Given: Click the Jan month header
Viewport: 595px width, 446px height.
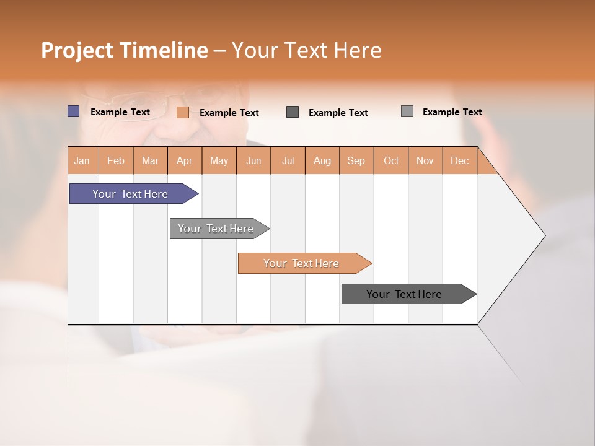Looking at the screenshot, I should [x=82, y=160].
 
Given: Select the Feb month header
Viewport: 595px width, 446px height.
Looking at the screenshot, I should [x=116, y=160].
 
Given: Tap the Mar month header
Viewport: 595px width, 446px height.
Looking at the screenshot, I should [x=150, y=160].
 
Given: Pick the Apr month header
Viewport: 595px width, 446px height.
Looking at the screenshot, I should [x=185, y=160].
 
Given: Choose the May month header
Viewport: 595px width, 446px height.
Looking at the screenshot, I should [x=219, y=160].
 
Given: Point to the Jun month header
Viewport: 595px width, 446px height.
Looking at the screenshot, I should [x=253, y=160].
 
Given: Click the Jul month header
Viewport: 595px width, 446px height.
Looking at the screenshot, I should [x=288, y=160].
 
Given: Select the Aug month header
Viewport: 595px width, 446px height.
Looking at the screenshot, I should [x=322, y=160].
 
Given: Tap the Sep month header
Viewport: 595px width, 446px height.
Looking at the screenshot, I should [x=356, y=160].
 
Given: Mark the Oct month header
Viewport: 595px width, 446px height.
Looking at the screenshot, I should [x=391, y=160].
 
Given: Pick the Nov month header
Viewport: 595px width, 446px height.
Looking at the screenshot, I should [x=425, y=160].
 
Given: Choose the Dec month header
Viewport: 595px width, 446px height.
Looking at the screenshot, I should [x=460, y=160].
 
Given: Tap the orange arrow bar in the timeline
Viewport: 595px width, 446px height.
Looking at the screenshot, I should [x=302, y=263].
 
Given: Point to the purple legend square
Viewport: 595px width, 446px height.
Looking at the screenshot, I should [x=74, y=111].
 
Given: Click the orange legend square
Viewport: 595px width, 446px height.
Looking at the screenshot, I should [x=183, y=112].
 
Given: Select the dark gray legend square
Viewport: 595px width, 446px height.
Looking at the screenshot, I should [x=293, y=111].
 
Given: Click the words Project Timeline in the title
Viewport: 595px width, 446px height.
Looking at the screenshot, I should [x=125, y=50].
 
